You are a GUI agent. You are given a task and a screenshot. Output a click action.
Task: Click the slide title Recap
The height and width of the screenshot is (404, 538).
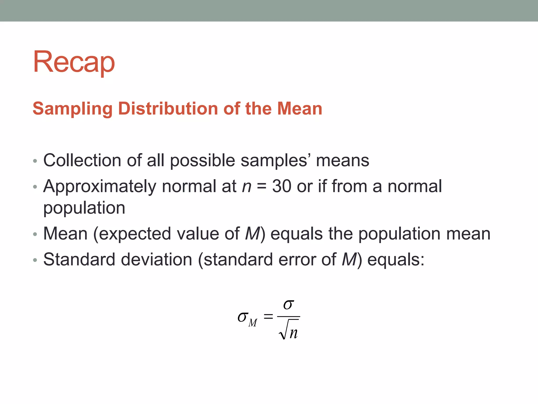coord(74,62)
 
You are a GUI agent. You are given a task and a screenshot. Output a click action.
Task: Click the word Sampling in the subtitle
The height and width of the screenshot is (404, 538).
coord(73,109)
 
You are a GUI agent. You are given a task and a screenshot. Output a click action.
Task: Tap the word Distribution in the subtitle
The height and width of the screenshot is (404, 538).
coord(168,109)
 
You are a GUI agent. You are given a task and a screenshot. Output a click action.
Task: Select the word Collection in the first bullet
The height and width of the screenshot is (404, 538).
coord(82,160)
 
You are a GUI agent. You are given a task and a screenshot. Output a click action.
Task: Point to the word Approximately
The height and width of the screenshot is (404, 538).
coord(100,186)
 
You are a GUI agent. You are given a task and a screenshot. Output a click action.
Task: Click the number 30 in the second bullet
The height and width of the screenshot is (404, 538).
coord(282,186)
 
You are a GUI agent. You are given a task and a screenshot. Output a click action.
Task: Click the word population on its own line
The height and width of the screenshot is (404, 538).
coord(84,208)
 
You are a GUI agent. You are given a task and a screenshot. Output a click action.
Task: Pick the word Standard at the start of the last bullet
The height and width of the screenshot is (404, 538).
coord(79,259)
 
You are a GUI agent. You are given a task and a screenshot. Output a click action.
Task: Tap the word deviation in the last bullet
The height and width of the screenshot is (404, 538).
coord(157,259)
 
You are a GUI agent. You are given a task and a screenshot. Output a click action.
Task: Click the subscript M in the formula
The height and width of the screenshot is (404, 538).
coord(253,323)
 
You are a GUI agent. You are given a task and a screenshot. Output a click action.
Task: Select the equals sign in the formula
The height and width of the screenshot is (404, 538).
coord(268,316)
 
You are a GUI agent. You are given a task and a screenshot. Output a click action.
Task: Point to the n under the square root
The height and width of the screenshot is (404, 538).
coord(293,333)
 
